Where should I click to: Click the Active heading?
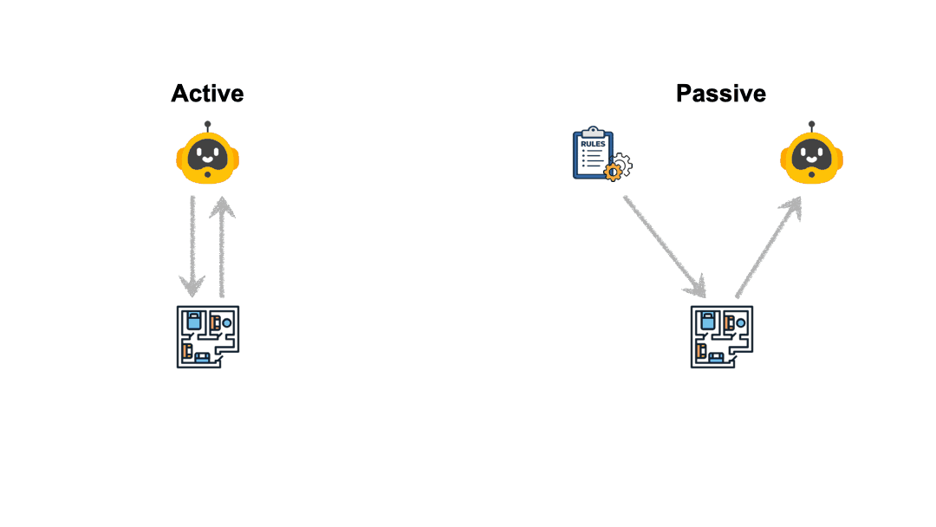pyautogui.click(x=207, y=94)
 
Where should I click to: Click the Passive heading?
pyautogui.click(x=721, y=94)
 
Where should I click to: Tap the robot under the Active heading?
pyautogui.click(x=207, y=157)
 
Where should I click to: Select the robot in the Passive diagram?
pyautogui.click(x=812, y=157)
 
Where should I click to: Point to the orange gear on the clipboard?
pyautogui.click(x=617, y=168)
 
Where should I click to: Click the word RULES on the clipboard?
pyautogui.click(x=594, y=143)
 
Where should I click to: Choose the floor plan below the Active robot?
pyautogui.click(x=208, y=336)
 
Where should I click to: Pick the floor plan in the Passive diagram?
pyautogui.click(x=722, y=336)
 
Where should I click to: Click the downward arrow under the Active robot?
pyautogui.click(x=192, y=246)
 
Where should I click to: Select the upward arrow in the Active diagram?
pyautogui.click(x=224, y=246)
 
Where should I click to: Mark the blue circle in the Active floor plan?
pyautogui.click(x=227, y=323)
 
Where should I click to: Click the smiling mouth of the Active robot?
pyautogui.click(x=207, y=160)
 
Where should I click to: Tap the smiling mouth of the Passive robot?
pyautogui.click(x=812, y=160)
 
